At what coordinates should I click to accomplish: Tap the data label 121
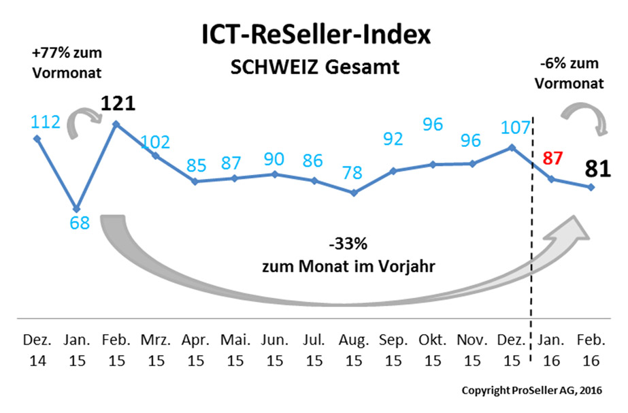118,104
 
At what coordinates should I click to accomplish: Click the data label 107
512,127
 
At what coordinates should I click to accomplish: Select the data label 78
353,174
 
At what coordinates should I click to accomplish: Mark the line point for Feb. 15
116,124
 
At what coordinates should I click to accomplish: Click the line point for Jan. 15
77,208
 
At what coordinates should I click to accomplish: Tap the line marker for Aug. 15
353,193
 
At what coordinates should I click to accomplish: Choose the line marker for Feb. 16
591,187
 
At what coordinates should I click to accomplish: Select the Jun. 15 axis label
274,349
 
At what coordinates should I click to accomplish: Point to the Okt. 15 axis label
433,349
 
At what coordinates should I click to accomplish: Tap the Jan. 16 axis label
552,349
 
